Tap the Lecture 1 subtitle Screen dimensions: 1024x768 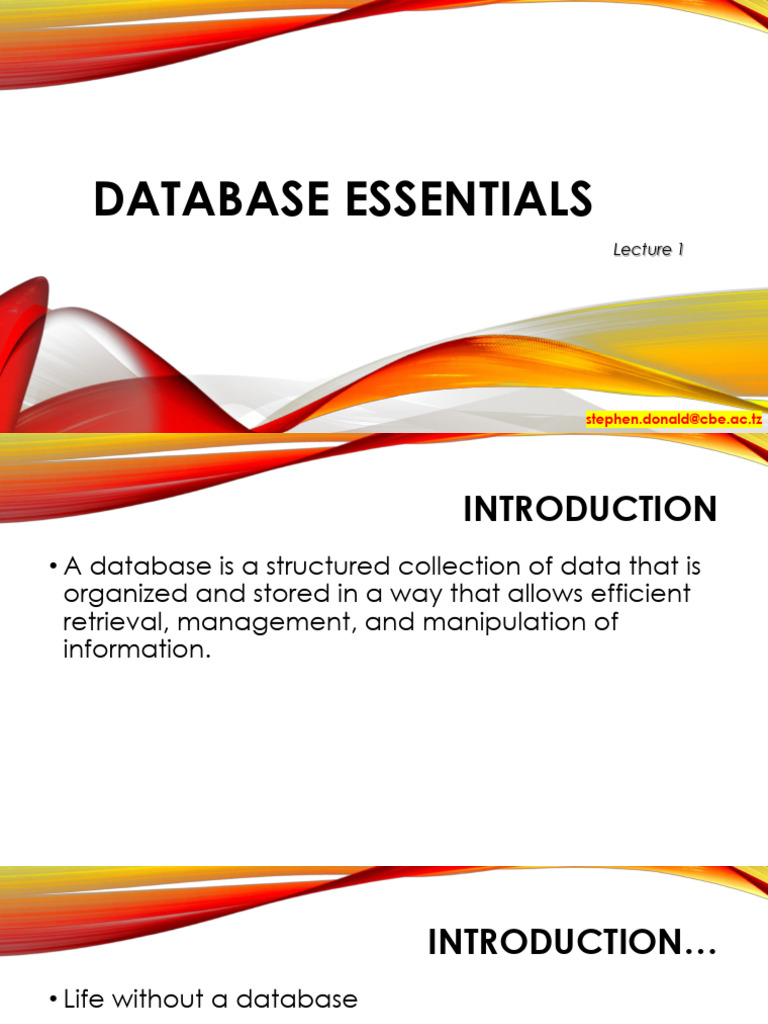(648, 250)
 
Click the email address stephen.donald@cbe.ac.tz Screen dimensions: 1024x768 (674, 420)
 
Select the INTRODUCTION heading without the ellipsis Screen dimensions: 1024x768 (590, 510)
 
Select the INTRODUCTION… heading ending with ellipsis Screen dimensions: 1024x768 (573, 942)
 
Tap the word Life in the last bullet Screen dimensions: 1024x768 (85, 999)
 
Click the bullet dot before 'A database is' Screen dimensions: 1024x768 (53, 568)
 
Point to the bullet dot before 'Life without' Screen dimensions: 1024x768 (53, 1000)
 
